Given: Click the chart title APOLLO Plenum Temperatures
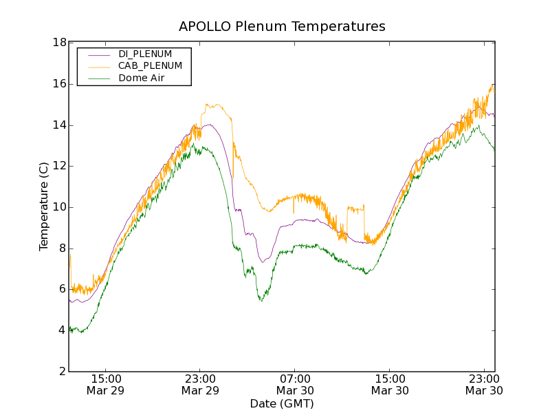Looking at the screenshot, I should [282, 27].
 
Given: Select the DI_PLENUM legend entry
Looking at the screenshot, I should [144, 54].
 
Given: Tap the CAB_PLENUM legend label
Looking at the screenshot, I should [150, 66].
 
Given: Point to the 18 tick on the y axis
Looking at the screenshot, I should [59, 43].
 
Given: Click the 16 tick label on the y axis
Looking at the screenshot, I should [59, 84].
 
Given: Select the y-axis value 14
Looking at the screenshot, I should [59, 125].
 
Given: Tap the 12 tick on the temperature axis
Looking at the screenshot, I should [59, 166].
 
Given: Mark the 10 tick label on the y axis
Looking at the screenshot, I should [59, 207].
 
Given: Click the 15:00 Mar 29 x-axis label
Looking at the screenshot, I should [105, 385].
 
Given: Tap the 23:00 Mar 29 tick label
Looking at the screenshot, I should [200, 385].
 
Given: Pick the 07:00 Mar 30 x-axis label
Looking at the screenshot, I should [294, 385].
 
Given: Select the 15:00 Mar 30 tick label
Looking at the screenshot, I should [389, 385].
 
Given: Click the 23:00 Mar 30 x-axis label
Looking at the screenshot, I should [483, 385].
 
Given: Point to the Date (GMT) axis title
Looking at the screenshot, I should [282, 403].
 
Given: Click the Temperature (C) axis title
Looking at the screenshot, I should [44, 206].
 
